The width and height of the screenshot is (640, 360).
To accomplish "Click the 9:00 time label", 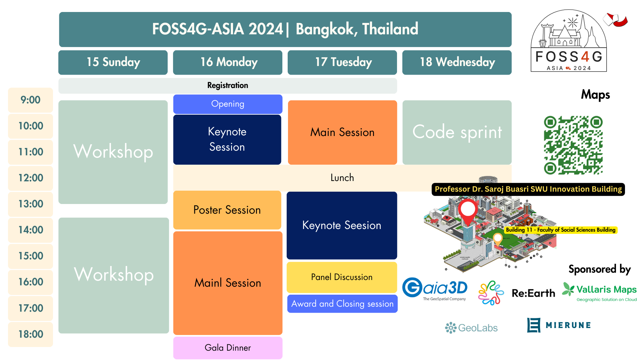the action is (x=30, y=100).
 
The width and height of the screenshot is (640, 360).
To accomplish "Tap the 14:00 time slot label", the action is (x=30, y=230).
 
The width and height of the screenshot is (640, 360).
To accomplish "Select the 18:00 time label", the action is (x=30, y=334).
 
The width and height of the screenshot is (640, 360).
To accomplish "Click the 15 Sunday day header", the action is (x=113, y=62).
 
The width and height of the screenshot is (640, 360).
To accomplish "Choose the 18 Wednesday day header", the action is (x=457, y=62).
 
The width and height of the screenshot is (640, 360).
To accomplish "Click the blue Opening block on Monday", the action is (x=228, y=104).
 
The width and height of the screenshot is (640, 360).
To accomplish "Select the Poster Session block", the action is (x=227, y=210).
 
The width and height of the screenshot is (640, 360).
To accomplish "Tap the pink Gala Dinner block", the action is (x=228, y=348).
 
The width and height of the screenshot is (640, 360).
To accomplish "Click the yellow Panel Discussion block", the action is (x=342, y=277).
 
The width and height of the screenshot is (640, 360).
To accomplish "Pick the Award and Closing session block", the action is (x=342, y=304).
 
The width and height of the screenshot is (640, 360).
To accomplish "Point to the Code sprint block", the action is (x=457, y=132).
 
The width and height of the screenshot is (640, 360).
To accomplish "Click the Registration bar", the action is (x=228, y=86).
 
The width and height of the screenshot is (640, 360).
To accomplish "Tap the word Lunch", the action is (x=342, y=178).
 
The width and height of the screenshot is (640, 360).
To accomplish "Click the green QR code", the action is (x=573, y=145).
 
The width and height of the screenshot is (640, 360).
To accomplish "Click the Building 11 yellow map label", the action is (x=561, y=230).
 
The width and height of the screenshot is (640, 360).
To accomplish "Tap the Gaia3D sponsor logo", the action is (x=435, y=289).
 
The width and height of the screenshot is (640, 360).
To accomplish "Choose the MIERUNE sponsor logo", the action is (x=559, y=325).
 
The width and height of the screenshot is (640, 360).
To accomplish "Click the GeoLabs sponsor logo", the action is (x=471, y=328).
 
